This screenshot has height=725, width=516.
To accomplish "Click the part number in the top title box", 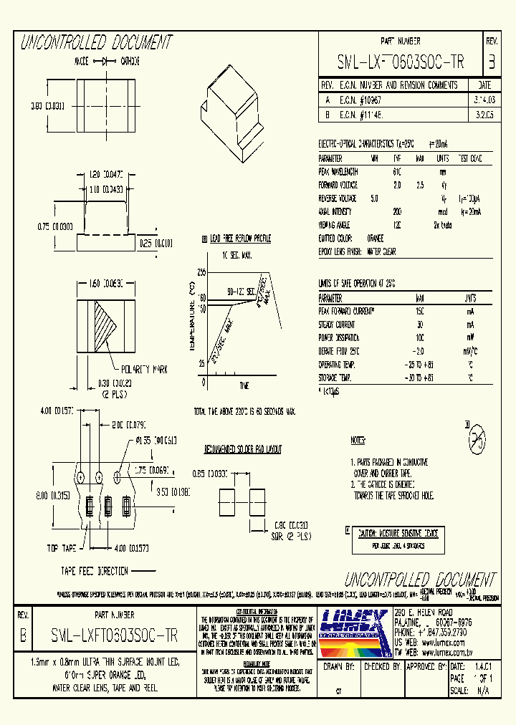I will click(x=400, y=63).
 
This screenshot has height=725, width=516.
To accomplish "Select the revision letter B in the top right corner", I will click(x=491, y=62).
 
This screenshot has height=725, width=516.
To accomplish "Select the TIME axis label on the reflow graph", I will click(x=244, y=386).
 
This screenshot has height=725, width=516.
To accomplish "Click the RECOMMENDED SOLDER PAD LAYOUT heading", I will click(x=243, y=449).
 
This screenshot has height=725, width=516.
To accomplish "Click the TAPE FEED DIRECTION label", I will click(x=95, y=570).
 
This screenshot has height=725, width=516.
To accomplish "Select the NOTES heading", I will click(x=358, y=441).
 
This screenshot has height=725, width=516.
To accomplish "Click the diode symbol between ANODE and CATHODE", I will click(x=110, y=62).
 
